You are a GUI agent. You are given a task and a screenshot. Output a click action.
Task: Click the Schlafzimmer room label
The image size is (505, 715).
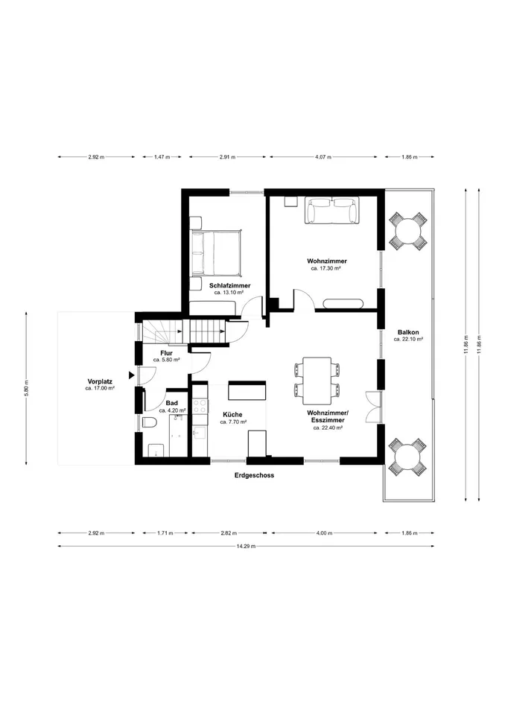point(230,285)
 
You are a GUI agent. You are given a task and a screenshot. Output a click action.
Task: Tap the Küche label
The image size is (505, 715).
point(232,415)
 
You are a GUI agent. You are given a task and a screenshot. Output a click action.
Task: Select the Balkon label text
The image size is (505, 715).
point(408,332)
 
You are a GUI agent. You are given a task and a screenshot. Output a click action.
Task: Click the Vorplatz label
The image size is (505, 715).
point(100,381)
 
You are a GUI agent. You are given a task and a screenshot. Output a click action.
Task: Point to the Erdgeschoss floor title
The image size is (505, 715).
point(254,475)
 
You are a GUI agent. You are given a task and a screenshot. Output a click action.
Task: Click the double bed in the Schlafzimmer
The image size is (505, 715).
point(216,252)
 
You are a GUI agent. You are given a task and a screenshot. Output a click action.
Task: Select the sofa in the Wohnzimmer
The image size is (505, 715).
point(332,211)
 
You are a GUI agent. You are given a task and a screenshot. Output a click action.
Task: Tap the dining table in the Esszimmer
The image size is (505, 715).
point(317,381)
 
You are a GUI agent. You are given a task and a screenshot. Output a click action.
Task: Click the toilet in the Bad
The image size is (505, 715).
point(149,423)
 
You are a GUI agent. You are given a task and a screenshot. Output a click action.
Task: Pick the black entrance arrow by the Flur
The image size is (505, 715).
point(131,375)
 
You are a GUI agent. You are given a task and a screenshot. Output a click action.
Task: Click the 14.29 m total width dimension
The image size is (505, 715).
point(246,546)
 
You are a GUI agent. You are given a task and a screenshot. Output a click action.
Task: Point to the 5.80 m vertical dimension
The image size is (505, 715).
point(27,388)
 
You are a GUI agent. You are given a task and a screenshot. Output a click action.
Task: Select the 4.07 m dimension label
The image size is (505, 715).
point(323,157)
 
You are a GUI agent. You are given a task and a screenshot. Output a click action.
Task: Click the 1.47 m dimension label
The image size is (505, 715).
point(162,157)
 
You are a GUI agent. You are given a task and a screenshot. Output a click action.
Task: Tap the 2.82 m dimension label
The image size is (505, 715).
point(229,533)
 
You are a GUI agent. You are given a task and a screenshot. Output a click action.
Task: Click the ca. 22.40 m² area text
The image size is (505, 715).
point(328,428)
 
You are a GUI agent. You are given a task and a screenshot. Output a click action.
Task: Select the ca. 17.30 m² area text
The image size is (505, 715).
point(326,269)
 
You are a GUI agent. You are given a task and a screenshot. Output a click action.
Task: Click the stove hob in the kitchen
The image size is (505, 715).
point(200,407)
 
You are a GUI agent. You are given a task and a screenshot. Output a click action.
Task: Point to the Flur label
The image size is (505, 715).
point(166,353)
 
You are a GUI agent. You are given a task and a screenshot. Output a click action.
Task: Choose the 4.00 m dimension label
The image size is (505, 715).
point(324,533)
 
